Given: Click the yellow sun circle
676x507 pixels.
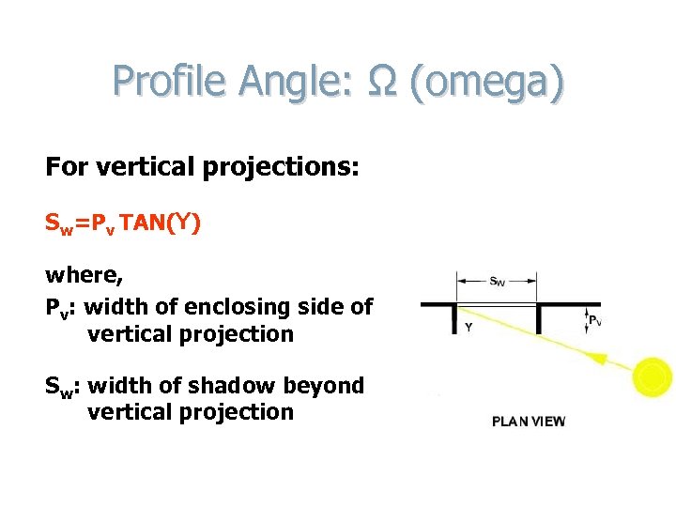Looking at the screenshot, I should (652, 377).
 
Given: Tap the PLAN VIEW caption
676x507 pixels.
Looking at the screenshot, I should (529, 422).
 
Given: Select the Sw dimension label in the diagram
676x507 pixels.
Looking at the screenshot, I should (497, 280).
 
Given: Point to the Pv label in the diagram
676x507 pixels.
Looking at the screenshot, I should (595, 320).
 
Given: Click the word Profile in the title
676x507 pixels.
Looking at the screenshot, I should (169, 82).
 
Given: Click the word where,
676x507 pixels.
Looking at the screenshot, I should (84, 276).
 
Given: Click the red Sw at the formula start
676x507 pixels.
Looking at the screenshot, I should (58, 225).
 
